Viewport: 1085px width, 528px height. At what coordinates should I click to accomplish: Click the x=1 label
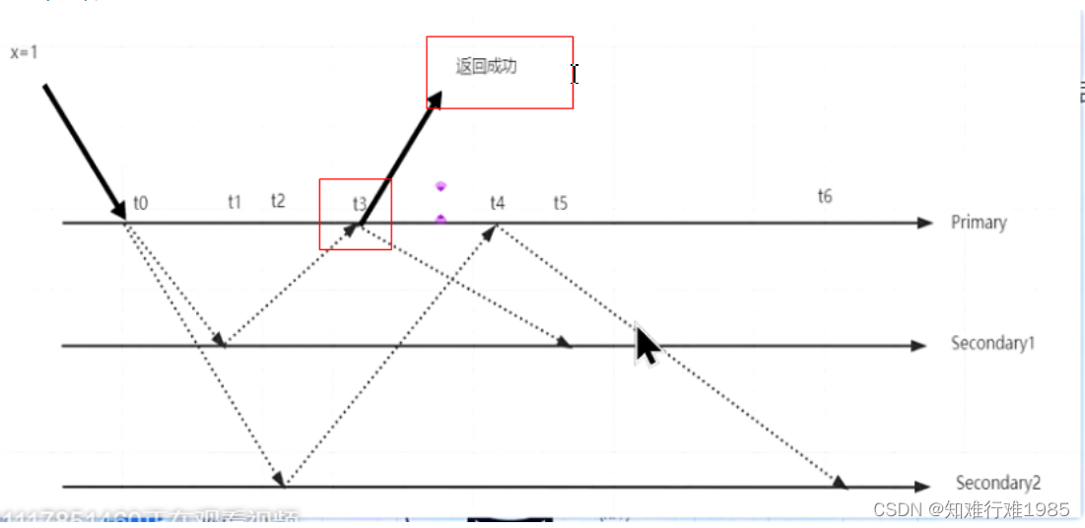click(24, 53)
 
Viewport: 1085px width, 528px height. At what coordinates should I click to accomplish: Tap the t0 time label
click(141, 204)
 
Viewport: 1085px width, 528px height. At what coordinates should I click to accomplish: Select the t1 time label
click(235, 202)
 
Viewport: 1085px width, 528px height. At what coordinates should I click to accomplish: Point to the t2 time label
click(278, 201)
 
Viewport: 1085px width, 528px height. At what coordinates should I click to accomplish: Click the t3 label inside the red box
click(360, 204)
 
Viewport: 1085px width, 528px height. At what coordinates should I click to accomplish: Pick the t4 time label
click(498, 203)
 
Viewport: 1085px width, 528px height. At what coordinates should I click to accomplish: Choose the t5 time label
click(561, 203)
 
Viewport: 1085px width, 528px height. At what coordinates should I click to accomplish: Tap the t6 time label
click(825, 196)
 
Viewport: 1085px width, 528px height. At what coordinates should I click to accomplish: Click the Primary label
click(979, 222)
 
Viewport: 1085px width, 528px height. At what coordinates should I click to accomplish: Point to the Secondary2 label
click(998, 483)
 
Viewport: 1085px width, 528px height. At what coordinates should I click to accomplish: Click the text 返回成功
click(486, 67)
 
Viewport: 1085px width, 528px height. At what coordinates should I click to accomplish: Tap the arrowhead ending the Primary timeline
click(924, 223)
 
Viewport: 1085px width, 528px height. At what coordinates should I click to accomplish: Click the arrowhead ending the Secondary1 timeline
click(919, 345)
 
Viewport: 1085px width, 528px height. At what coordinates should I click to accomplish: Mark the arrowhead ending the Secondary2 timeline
click(921, 486)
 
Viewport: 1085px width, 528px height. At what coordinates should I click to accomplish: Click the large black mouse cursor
click(646, 346)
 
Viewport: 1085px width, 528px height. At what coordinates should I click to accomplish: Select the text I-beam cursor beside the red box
click(575, 73)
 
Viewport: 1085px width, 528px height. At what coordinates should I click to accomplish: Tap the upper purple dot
click(441, 186)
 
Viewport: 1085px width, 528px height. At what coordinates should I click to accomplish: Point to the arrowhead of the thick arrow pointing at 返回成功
click(435, 99)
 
